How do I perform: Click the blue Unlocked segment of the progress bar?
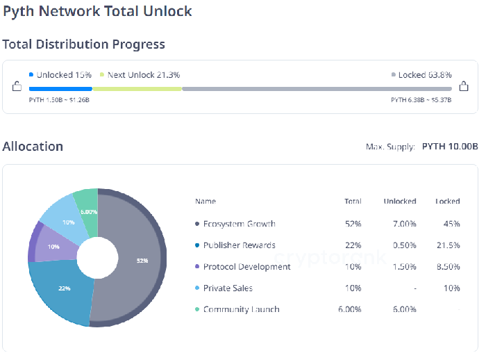(x=60, y=89)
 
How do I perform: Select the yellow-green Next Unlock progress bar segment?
(x=137, y=89)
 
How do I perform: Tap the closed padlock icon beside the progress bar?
(x=464, y=87)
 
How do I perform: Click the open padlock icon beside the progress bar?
(x=17, y=87)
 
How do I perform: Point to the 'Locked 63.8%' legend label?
(x=421, y=75)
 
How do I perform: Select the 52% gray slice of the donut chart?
(x=139, y=261)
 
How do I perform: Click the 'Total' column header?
(x=353, y=202)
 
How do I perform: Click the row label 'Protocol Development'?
(x=246, y=267)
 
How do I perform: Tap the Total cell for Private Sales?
(x=355, y=288)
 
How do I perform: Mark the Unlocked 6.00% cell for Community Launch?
(x=401, y=309)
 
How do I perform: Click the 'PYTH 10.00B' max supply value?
(x=450, y=147)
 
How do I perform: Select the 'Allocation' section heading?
(x=33, y=147)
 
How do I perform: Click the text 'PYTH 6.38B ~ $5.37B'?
(x=421, y=100)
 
